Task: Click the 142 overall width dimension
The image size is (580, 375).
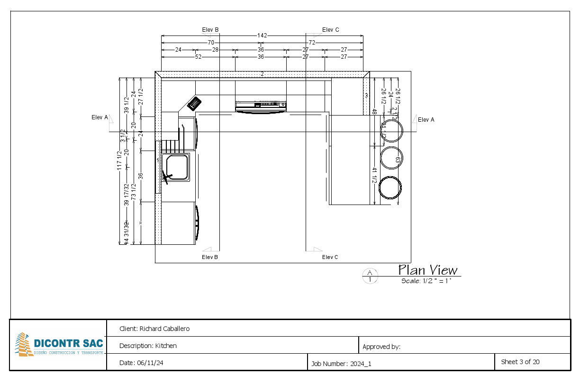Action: (x=262, y=36)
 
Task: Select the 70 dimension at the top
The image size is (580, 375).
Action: (x=210, y=43)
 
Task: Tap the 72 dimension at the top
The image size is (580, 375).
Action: (x=312, y=43)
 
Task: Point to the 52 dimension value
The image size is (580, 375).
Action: (x=198, y=57)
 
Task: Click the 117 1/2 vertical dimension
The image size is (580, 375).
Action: (x=120, y=160)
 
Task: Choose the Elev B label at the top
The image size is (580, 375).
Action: (x=210, y=30)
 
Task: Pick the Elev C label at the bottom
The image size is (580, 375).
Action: (x=330, y=257)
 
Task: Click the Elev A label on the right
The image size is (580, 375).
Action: (x=426, y=120)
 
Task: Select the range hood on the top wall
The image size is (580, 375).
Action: (x=261, y=107)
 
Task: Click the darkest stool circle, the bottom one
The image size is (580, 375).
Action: (x=391, y=187)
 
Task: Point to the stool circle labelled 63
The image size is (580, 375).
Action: (x=391, y=158)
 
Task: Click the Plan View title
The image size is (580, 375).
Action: (x=427, y=270)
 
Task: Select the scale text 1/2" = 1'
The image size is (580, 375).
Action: (x=426, y=281)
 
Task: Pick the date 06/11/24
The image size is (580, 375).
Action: (x=150, y=363)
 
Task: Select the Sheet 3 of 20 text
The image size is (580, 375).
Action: (x=520, y=362)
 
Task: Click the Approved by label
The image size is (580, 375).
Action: (x=381, y=347)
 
